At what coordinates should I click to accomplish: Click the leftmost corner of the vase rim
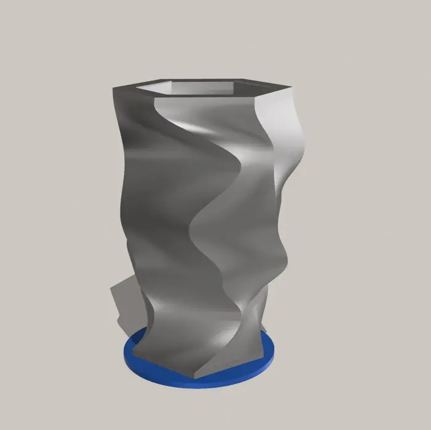tap(113, 88)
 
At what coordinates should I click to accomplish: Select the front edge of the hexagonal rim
tap(203, 98)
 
